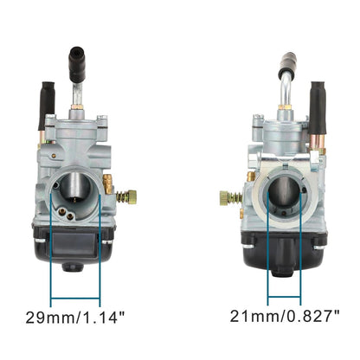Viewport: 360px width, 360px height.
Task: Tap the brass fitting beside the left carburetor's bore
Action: [x=109, y=183]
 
